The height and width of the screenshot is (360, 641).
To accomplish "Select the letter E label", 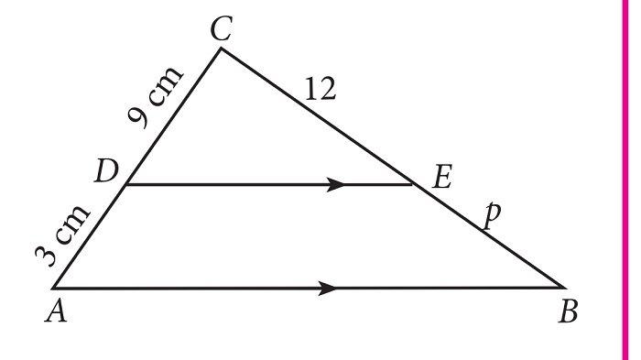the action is [x=441, y=177].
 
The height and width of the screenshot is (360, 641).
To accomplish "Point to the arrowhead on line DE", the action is [x=336, y=184].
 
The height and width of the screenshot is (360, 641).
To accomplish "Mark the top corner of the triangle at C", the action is [x=221, y=48].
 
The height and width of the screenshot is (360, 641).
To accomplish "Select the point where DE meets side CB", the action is [x=415, y=184].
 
